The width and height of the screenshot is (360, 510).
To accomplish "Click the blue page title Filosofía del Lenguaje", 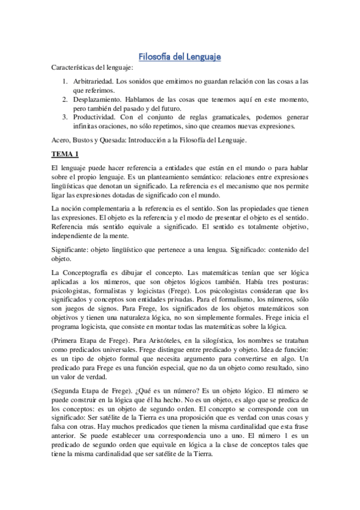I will (180, 57).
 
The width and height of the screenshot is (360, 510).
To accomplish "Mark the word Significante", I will (72, 249).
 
